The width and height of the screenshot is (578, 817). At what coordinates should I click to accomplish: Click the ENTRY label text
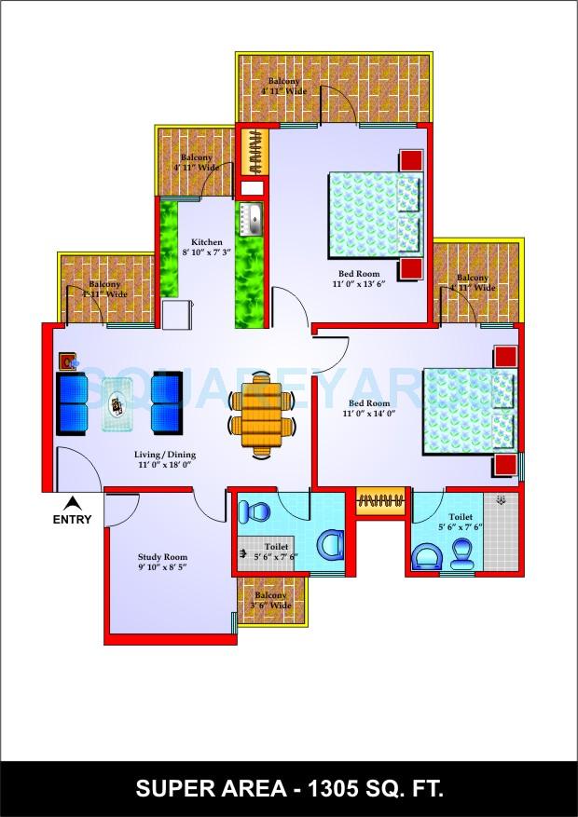pos(72,519)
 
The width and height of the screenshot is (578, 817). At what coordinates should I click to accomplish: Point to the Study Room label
pos(164,556)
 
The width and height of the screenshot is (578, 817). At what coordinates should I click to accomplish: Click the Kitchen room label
pos(206,242)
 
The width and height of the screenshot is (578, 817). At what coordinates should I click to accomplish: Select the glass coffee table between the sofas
pos(119,403)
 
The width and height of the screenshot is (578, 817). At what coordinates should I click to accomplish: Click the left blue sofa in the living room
pos(72,403)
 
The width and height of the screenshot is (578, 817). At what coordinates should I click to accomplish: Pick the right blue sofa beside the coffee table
pos(167,403)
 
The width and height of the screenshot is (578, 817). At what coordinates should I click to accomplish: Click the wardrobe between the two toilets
pos(378,500)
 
